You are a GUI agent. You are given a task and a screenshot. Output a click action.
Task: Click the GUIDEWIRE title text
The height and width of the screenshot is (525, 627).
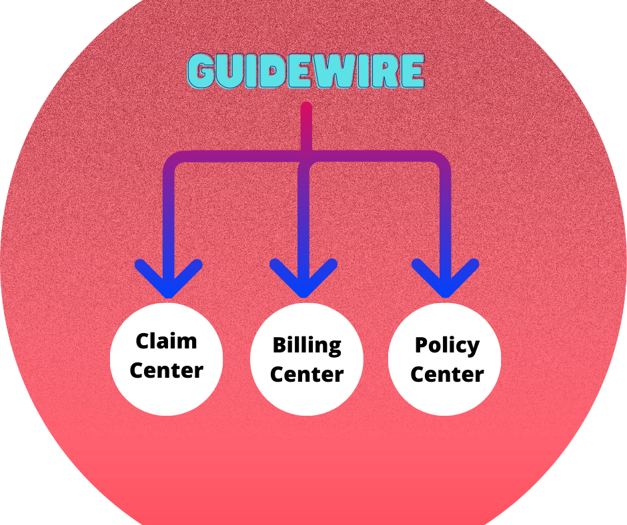click(x=306, y=72)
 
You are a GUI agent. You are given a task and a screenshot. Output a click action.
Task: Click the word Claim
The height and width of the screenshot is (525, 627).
click(x=166, y=341)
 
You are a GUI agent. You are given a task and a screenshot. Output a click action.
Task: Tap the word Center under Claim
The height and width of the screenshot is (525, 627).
click(x=166, y=370)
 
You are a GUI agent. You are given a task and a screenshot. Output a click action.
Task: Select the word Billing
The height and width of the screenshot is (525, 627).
click(x=307, y=346)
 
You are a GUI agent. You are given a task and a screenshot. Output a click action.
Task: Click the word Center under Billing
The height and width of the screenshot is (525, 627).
click(x=307, y=374)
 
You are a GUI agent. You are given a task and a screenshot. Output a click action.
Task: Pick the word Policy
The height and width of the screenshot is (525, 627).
click(x=447, y=345)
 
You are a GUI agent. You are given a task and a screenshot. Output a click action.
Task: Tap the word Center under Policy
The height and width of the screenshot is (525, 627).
click(x=447, y=374)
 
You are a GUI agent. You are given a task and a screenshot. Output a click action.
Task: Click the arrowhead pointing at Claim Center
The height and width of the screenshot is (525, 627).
click(x=168, y=283)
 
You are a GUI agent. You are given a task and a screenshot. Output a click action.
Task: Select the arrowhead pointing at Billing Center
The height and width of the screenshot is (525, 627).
click(x=303, y=283)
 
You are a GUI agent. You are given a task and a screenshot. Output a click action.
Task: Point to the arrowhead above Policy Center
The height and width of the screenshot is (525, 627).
click(x=445, y=283)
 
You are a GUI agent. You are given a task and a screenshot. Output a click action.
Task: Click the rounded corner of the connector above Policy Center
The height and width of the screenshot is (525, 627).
click(x=441, y=162)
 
